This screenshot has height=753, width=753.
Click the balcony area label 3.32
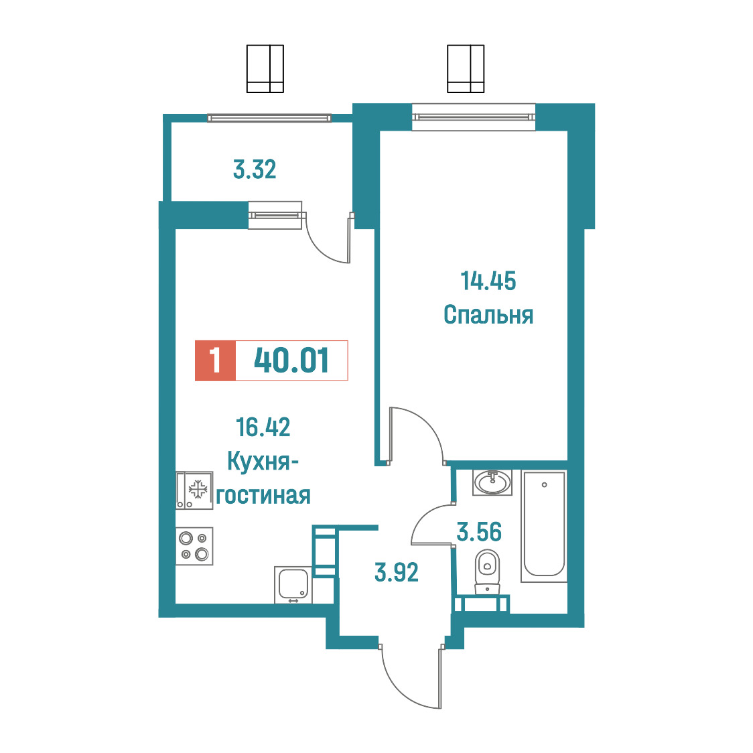click(x=255, y=170)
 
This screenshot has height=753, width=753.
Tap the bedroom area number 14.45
click(x=488, y=281)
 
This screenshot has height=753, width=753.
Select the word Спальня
click(x=488, y=315)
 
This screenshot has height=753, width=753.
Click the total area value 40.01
click(x=291, y=360)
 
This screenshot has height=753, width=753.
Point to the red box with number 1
click(x=215, y=360)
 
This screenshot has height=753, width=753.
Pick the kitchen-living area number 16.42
click(x=263, y=427)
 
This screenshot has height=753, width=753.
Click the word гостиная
click(x=263, y=495)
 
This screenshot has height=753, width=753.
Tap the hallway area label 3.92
click(x=396, y=572)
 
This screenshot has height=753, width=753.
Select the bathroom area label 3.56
click(x=479, y=532)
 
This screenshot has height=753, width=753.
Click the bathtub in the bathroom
click(x=544, y=526)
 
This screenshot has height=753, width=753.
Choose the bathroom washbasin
click(x=492, y=482)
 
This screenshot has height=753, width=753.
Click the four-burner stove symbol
click(x=194, y=547)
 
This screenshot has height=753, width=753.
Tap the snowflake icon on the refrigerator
click(x=198, y=490)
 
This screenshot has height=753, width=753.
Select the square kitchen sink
click(x=293, y=584)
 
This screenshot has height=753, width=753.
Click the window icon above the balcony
click(x=265, y=69)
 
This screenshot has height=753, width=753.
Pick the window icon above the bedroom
click(x=466, y=69)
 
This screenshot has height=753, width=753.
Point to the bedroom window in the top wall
click(x=474, y=117)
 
